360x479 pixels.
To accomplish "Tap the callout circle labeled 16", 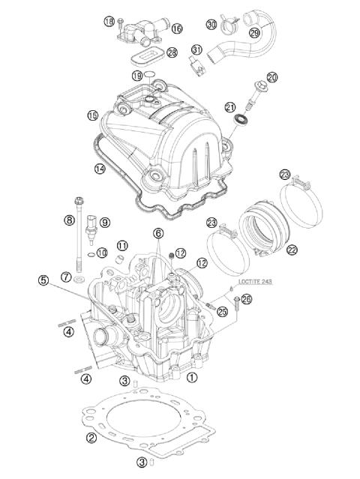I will (x=176, y=28).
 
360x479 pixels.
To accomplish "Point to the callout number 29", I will (x=253, y=32).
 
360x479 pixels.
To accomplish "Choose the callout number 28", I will (x=172, y=52).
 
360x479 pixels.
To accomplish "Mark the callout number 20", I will (x=271, y=77).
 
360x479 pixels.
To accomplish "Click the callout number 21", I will (x=231, y=107).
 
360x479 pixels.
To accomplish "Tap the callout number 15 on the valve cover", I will (x=92, y=115).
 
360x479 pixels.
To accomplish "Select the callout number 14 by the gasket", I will (x=99, y=169).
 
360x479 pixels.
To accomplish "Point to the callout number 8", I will (x=68, y=220).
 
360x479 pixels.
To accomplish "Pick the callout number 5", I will (x=44, y=280).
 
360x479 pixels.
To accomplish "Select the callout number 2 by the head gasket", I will (x=91, y=438).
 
